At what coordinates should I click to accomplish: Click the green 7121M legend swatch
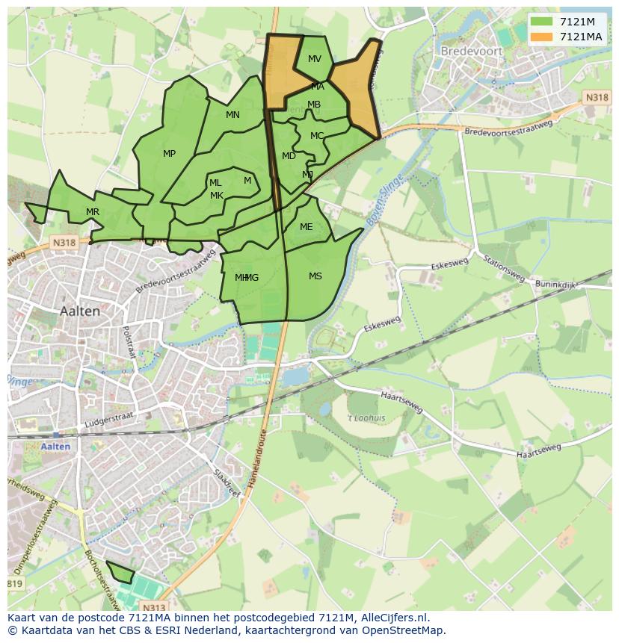[x=541, y=21]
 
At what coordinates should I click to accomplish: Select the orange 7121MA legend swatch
[x=541, y=37]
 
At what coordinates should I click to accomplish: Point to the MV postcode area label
[x=315, y=59]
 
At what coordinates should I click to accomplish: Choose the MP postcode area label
[x=170, y=154]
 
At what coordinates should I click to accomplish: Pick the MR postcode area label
[x=93, y=212]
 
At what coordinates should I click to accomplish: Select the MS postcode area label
[x=315, y=276]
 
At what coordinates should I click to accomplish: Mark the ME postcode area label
[x=307, y=227]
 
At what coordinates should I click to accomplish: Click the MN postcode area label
[x=233, y=115]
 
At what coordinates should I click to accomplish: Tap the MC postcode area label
[x=317, y=136]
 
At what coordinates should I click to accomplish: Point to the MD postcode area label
[x=289, y=156]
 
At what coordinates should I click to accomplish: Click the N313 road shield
[x=154, y=608]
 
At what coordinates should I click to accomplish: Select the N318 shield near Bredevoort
[x=596, y=98]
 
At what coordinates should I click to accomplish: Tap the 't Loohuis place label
[x=367, y=418]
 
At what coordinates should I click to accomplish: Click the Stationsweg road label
[x=502, y=269]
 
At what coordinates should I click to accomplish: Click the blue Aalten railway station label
[x=56, y=447]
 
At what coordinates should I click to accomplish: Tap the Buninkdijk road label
[x=555, y=285]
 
